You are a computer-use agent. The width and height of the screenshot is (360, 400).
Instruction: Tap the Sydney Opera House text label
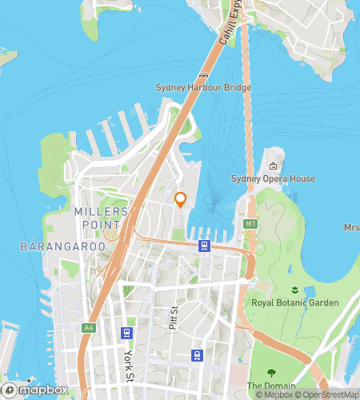click(273, 178)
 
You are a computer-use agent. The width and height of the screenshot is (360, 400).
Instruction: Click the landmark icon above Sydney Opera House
click(273, 166)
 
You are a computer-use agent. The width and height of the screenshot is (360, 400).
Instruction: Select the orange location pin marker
click(181, 199)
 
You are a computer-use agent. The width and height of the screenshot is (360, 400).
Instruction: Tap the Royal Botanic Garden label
click(295, 302)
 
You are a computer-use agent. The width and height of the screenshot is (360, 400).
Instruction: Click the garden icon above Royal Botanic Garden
click(295, 290)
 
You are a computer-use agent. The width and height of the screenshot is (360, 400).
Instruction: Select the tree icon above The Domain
click(270, 372)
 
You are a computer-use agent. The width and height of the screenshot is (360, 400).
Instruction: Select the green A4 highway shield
click(88, 327)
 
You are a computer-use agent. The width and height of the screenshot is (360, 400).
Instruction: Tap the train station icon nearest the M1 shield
click(205, 246)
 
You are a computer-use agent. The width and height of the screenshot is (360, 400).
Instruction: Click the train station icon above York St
click(126, 332)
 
